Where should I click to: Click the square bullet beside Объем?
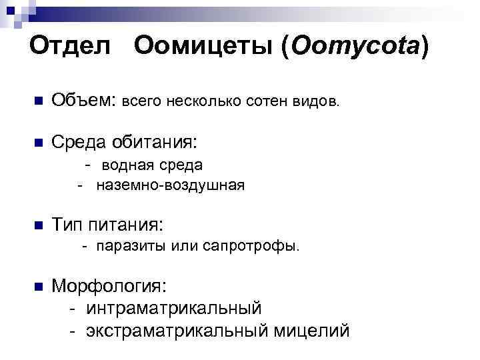(37, 102)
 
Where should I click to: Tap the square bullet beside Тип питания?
(37, 225)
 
